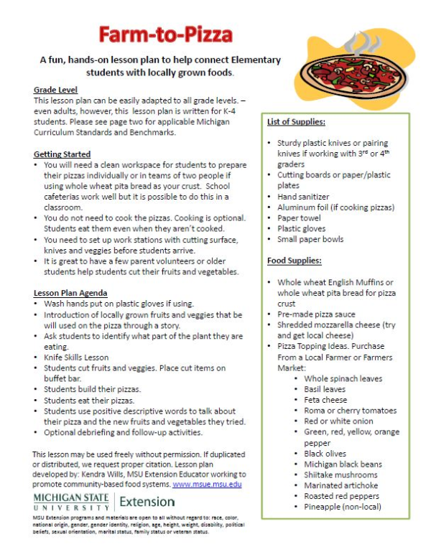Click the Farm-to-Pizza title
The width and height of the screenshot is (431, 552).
pyautogui.click(x=165, y=34)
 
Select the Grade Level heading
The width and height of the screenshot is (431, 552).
pyautogui.click(x=55, y=90)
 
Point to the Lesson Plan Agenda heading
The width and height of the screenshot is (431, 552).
pyautogui.click(x=70, y=293)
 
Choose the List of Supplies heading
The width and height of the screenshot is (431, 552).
pyautogui.click(x=296, y=121)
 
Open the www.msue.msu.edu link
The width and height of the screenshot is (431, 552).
pyautogui.click(x=207, y=485)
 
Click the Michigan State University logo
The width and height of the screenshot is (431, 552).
pyautogui.click(x=71, y=501)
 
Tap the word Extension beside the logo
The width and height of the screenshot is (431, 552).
pyautogui.click(x=147, y=501)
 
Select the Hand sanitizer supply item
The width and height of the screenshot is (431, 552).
pyautogui.click(x=303, y=196)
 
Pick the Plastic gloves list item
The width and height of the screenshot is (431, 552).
pyautogui.click(x=302, y=228)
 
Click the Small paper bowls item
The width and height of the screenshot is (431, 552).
pyautogui.click(x=310, y=239)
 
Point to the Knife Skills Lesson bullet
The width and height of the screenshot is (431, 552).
pyautogui.click(x=76, y=357)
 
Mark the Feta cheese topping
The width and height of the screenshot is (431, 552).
pyautogui.click(x=325, y=400)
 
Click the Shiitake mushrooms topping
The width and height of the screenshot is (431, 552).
pyautogui.click(x=340, y=474)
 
